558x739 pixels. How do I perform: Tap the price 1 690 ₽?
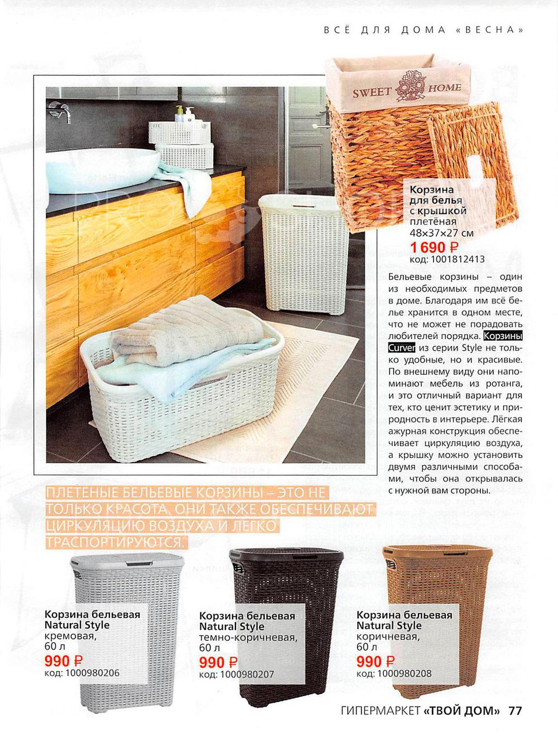[435, 247]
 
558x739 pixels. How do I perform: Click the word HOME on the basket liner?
[445, 88]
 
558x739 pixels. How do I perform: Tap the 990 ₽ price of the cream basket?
[64, 661]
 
